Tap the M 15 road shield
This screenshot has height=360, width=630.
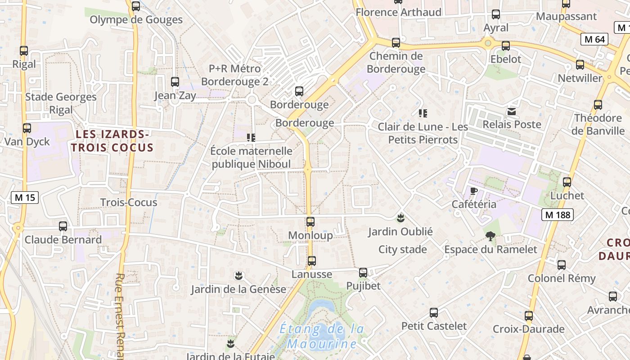click(25, 197)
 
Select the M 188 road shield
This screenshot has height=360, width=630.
click(558, 215)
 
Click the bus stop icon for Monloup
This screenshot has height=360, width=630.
click(310, 221)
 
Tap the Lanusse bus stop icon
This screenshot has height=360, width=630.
click(311, 261)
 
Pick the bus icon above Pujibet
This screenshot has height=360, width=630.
click(363, 272)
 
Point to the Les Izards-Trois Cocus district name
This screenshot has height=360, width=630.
click(112, 141)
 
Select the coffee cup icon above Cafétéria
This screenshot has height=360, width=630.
click(473, 191)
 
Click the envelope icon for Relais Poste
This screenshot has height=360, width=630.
click(512, 111)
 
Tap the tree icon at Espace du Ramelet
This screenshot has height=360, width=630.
click(490, 235)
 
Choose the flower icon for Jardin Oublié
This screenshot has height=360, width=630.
click(400, 218)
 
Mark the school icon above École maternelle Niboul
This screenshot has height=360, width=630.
click(251, 137)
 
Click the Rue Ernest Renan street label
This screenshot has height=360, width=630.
click(120, 315)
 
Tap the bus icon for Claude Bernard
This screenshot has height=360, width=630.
click(63, 226)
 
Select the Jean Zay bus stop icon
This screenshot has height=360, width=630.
click(175, 82)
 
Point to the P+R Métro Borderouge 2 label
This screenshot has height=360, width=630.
click(234, 75)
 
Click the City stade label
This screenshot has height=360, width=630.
click(402, 249)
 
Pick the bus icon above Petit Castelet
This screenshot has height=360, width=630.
click(434, 312)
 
